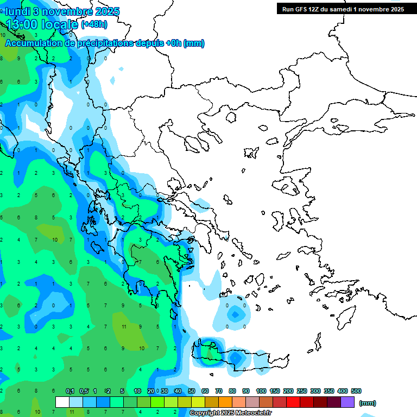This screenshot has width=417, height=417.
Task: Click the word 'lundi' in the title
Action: pos(17,11)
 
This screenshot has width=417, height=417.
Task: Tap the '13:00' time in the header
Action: pos(22,24)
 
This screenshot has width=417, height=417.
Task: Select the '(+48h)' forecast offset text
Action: pos(94,24)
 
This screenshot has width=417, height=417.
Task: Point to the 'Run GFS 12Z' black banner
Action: pos(342,9)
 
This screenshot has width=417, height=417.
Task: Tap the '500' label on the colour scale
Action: pos(356,391)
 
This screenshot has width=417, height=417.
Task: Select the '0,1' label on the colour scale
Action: pos(70,391)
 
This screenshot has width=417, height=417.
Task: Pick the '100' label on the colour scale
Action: pos(261,391)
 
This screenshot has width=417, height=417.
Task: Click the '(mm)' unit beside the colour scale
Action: pos(368,403)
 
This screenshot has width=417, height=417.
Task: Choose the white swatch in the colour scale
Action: pos(62,402)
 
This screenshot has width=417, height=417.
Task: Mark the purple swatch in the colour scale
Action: pos(347,402)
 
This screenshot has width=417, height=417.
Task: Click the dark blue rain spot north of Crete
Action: pos(235,314)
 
